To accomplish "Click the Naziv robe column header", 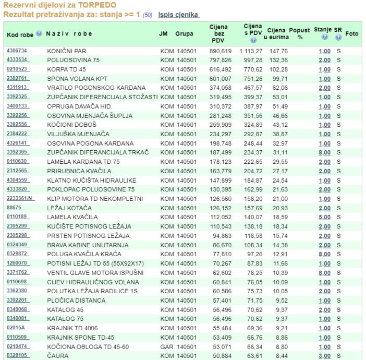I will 69,34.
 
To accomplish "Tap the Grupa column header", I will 184,34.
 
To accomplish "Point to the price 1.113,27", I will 251,51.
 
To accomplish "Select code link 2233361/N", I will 20,199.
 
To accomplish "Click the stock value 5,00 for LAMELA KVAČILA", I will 324,217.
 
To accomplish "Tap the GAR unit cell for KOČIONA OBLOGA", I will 167,346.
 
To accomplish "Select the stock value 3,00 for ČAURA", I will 324,356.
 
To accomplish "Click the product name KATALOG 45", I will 65,309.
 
